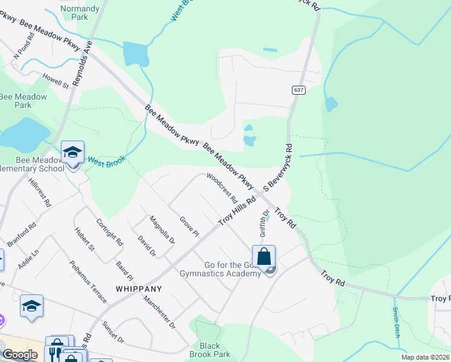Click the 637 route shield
click(x=299, y=90)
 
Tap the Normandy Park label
click(x=80, y=13)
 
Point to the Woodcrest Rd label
click(x=222, y=188)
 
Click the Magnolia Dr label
click(x=162, y=229)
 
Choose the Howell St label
click(x=55, y=81)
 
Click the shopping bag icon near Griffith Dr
click(x=263, y=256)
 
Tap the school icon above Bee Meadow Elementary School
click(x=72, y=152)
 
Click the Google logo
click(x=20, y=355)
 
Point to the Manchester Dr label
click(x=159, y=311)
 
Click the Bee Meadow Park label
click(x=23, y=101)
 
